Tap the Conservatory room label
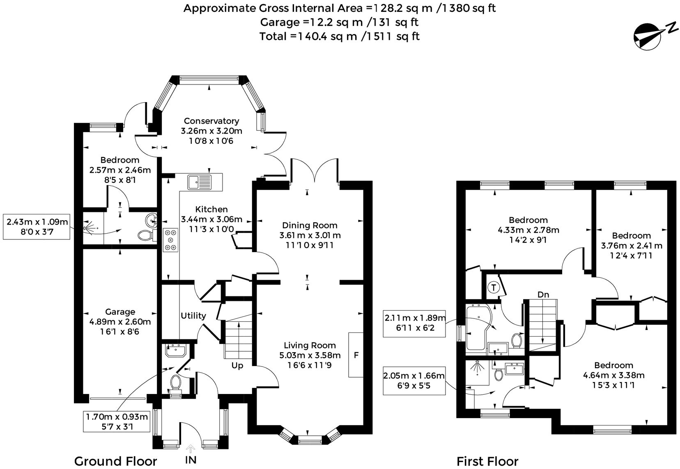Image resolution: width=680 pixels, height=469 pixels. point(211,121)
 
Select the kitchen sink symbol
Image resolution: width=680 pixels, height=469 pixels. point(199,181)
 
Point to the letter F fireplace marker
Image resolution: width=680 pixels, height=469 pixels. point(356,355)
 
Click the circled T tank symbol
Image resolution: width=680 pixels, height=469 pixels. point(493,287)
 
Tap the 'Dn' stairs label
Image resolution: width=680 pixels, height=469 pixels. point(543,294)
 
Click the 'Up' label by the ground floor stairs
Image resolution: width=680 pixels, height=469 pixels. point(237,365)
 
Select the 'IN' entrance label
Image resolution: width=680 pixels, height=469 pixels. point(191,460)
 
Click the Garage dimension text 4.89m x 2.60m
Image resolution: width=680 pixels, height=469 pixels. point(120,322)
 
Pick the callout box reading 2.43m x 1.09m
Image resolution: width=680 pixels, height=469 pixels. point(36,227)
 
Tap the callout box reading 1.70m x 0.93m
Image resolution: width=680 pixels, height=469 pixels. point(117,422)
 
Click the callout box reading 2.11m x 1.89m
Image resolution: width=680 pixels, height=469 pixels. point(414,323)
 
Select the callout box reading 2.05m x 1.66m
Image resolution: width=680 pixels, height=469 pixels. point(414,380)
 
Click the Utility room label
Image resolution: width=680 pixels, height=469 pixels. point(193,316)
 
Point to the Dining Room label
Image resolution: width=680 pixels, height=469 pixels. point(310,225)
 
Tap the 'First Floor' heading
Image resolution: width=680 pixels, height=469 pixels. point(487,462)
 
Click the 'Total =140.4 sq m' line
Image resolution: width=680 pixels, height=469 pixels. point(339,36)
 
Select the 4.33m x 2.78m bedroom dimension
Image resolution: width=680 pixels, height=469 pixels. point(528,230)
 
